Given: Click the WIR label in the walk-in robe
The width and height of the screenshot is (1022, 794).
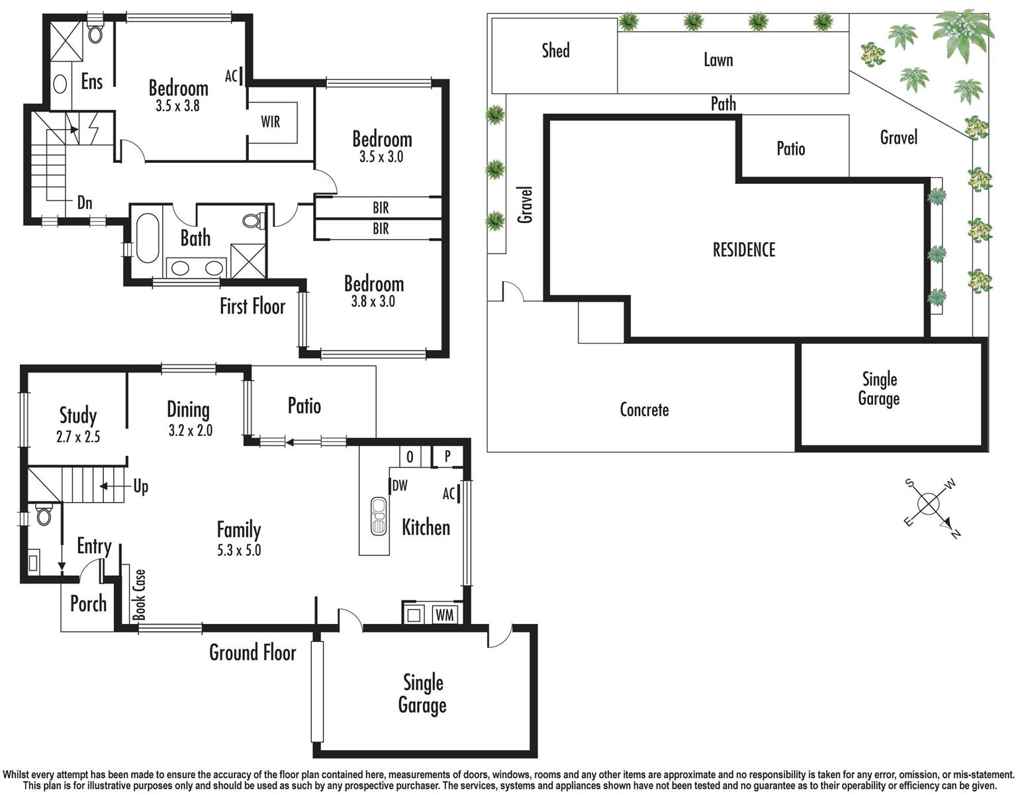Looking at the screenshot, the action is click(271, 122).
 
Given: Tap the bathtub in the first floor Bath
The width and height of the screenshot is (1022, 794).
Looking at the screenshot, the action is click(147, 238).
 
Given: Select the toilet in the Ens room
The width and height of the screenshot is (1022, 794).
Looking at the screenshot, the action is click(95, 32).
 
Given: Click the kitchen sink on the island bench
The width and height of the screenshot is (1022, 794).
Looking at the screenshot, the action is click(379, 515).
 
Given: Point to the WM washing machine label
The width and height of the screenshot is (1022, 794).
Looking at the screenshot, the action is click(444, 615).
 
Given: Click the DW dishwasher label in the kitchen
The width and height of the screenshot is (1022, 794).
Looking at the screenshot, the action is click(400, 485).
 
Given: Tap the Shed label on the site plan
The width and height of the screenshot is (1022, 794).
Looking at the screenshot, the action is click(555, 50).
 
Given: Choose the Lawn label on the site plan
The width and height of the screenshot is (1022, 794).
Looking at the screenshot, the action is click(718, 60).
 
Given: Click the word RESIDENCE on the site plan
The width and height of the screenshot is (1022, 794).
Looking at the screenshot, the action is click(744, 249).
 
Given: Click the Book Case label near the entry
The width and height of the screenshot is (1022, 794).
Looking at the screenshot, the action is click(139, 595).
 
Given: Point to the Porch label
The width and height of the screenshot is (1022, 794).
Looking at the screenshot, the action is click(89, 603).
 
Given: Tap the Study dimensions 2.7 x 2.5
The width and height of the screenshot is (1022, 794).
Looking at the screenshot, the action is click(78, 437).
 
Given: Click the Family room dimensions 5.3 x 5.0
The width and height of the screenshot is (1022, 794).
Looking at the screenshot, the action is click(239, 550).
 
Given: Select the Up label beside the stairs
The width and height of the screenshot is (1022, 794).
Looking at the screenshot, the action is click(140, 487).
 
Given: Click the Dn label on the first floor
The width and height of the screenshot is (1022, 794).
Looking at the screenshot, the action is click(85, 203).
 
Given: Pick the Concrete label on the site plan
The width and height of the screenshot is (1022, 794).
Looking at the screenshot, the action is click(644, 410).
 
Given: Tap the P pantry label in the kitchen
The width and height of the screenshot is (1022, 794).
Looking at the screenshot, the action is click(447, 455).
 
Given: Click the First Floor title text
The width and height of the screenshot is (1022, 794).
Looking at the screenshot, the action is click(253, 306).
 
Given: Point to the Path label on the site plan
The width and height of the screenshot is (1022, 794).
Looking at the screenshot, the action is click(723, 104).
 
